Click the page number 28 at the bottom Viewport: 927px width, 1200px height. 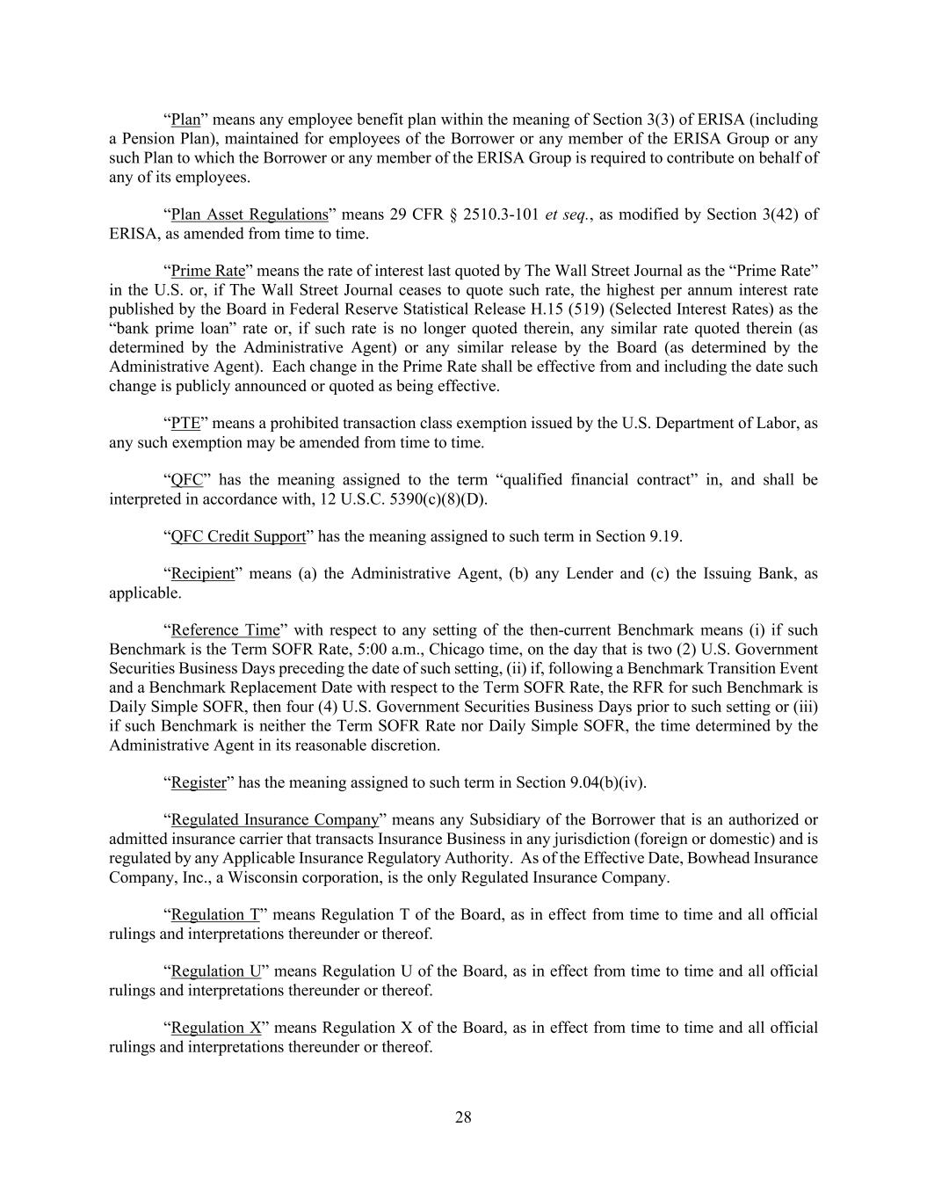point(463,1117)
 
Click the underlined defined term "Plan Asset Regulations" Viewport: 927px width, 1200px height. point(249,215)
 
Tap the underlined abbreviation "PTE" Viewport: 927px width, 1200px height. point(185,423)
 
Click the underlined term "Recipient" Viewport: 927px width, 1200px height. point(202,574)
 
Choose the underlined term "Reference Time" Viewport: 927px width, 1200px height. point(225,630)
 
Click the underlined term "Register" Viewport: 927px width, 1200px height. point(199,782)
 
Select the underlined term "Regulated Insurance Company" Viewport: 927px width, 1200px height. point(275,820)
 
